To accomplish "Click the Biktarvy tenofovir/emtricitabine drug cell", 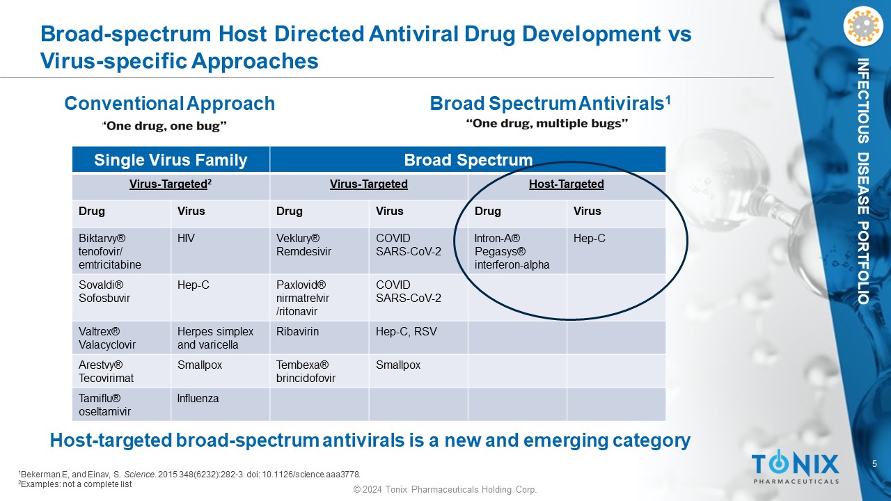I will tap(121, 250).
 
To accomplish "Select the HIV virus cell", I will tap(220, 250).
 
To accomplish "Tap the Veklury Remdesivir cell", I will tap(319, 250).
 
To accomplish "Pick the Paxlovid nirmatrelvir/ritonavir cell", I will tap(319, 298).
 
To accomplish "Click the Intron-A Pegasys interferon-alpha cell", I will tap(517, 250).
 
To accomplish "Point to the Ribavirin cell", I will tap(319, 337).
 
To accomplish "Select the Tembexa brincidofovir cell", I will tap(319, 371).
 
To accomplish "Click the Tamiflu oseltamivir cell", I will tap(121, 404).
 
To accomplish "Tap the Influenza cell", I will tap(220, 404).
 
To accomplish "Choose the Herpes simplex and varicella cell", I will tap(220, 337).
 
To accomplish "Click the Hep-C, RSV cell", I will tap(418, 337).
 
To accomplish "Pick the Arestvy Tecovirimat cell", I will tap(121, 371).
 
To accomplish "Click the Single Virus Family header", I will tap(171, 160).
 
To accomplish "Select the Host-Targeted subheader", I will tap(566, 184).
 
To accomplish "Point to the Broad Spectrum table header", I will tap(468, 160).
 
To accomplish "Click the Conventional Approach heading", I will tap(169, 104).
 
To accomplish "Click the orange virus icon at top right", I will tap(862, 26).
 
